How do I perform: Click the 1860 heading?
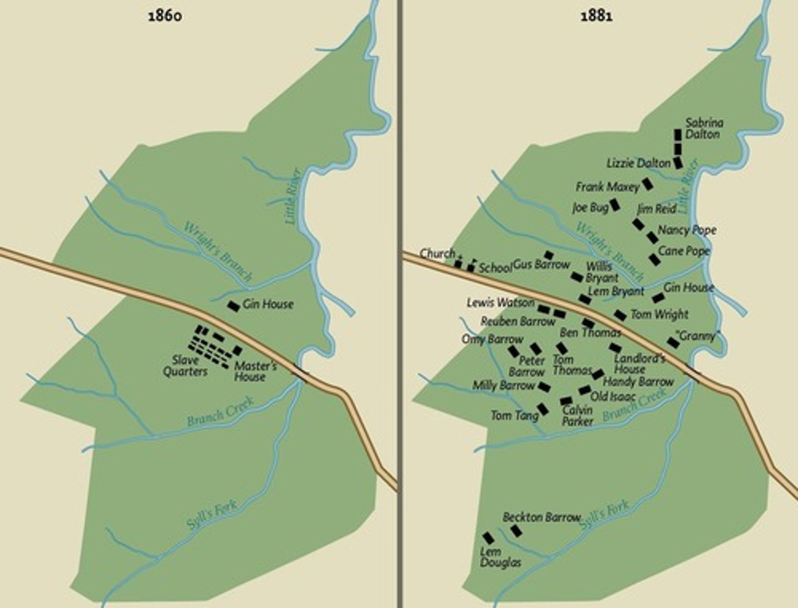[165, 16]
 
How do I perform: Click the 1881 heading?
[596, 16]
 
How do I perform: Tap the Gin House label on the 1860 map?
[268, 304]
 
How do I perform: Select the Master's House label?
[254, 371]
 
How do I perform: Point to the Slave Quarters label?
[186, 366]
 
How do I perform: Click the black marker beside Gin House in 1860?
[234, 306]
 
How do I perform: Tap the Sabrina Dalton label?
[704, 129]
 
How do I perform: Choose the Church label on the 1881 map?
[437, 253]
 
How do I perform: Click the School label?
[495, 268]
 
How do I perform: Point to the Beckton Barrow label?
[541, 517]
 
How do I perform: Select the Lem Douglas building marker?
[488, 538]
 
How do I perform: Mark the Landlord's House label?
[639, 364]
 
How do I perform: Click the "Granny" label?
[698, 336]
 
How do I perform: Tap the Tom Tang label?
[514, 415]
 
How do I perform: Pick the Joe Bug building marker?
[615, 206]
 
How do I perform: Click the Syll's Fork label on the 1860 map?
[212, 514]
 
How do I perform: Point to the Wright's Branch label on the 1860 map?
[218, 252]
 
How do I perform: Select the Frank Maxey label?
[607, 187]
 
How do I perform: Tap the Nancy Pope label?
[687, 229]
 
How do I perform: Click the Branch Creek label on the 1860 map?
[221, 411]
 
